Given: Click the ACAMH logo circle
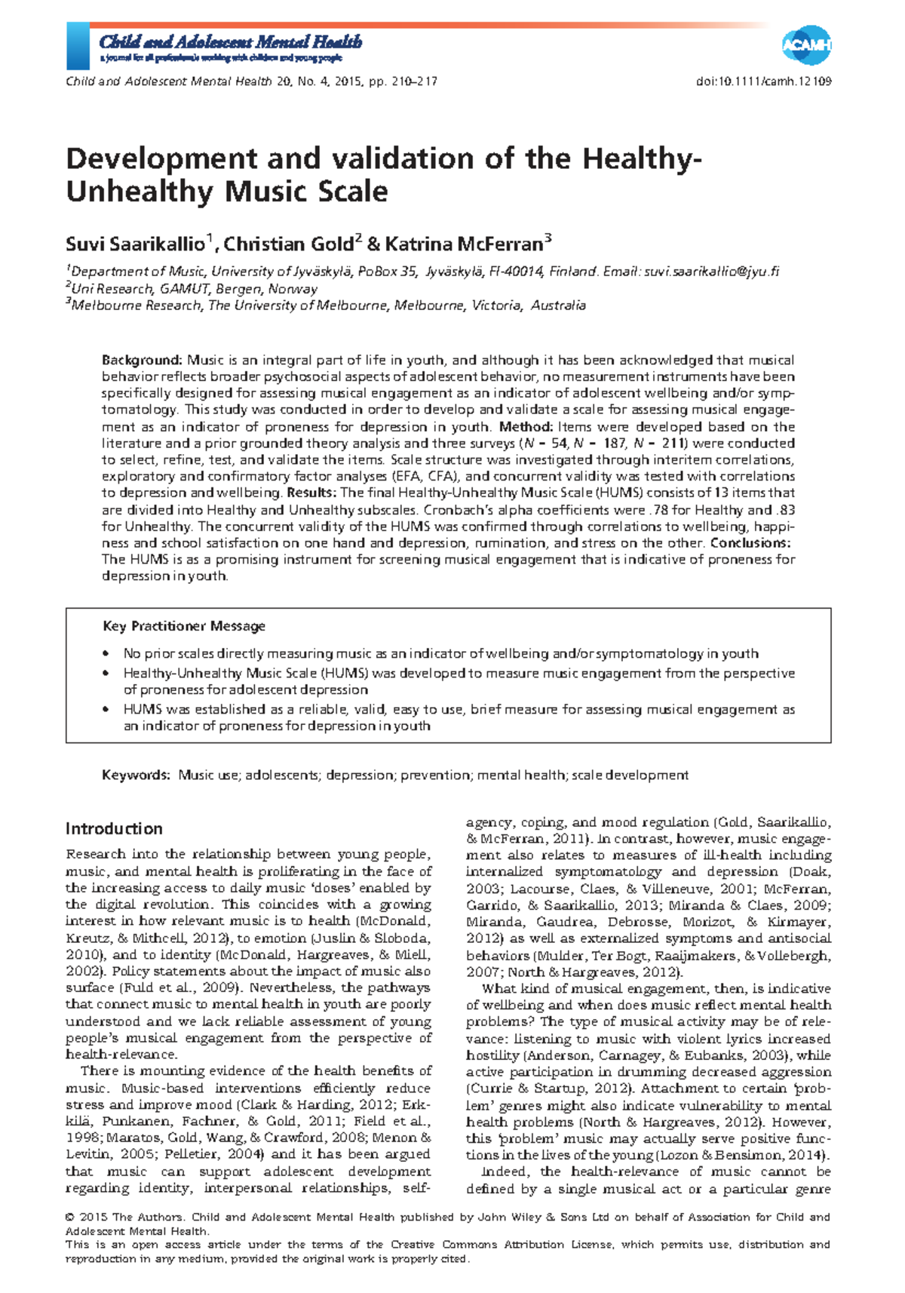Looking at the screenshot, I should pos(805,46).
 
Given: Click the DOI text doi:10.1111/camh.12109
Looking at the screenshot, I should pos(764,81).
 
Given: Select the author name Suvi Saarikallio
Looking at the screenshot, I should pos(135,244).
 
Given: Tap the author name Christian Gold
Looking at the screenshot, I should pos(288,244).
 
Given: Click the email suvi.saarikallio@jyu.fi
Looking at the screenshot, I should pos(711,272).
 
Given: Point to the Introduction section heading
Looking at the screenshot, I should pos(114,828).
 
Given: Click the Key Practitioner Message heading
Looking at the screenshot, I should pos(184,626).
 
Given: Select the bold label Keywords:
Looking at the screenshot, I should pos(137,775).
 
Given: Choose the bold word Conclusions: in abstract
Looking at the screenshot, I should pos(750,543).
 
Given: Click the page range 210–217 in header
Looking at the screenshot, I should pos(414,81).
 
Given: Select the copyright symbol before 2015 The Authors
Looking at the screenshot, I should pos(70,1217).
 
